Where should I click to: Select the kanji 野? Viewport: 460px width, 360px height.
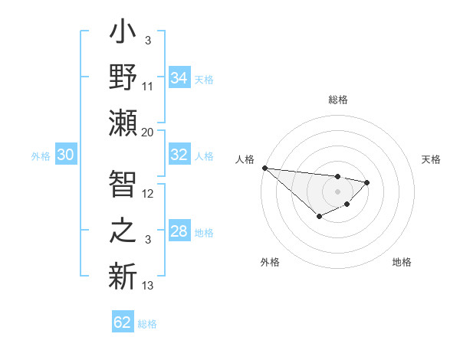pos(123,79)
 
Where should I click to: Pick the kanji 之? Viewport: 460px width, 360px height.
pos(123,229)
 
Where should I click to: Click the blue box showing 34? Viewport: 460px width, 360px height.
pos(179,78)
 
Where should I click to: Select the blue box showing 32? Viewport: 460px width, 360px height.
pos(179,155)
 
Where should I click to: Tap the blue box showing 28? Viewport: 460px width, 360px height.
pos(179,232)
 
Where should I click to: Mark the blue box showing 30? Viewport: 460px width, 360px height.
pos(65,155)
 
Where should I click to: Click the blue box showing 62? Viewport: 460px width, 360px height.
pos(123,322)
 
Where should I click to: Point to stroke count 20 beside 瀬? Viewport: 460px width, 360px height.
pos(148,132)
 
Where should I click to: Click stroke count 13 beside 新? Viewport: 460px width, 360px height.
pos(148,286)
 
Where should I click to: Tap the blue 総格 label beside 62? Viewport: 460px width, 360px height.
pos(147,324)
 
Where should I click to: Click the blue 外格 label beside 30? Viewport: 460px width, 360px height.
pos(41,156)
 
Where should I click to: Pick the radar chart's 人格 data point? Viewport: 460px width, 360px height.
pos(264,168)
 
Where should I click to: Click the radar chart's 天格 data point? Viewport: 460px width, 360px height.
pos(367,182)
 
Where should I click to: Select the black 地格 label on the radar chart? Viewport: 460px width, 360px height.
pos(402,263)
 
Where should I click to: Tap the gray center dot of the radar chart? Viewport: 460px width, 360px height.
pos(337,191)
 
